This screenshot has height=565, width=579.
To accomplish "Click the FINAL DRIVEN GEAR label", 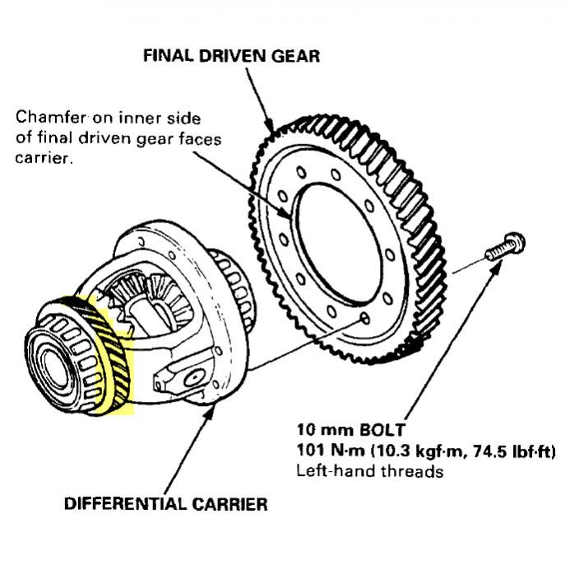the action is (231, 56).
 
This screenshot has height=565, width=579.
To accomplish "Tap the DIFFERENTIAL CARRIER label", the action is (166, 504).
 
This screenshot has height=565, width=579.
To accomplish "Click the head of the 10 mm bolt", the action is (515, 243).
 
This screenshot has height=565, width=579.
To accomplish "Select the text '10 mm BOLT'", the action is (351, 430).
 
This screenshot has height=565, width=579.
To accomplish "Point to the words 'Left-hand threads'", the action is (370, 471).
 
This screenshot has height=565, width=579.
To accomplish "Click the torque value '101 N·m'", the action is (331, 451).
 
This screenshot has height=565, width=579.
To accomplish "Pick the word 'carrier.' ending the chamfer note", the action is (44, 158).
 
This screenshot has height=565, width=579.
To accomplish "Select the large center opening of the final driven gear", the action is (339, 244).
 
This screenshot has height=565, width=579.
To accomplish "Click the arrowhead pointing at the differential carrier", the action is (210, 413).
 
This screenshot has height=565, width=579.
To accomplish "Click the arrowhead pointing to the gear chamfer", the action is (286, 213).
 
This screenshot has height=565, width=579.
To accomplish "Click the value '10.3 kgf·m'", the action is (419, 451).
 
